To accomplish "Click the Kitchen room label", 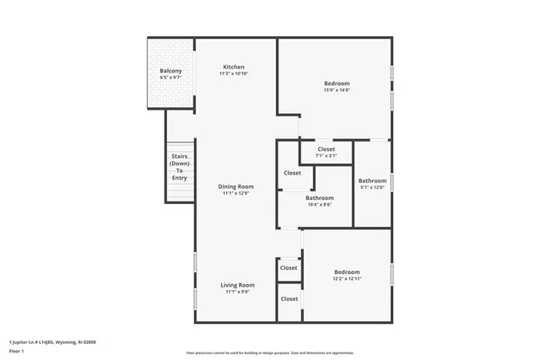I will click(234, 67).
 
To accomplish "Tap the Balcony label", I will click(171, 71).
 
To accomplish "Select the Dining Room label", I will click(236, 186).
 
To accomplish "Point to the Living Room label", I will click(238, 285).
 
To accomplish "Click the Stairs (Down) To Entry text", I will click(180, 167).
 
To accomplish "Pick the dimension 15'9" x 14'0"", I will click(337, 90).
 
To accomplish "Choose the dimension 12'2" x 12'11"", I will click(347, 279).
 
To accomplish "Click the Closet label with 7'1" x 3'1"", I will click(326, 149).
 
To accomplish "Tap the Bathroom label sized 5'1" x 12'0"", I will click(372, 180).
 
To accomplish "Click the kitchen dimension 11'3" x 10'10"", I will click(234, 74).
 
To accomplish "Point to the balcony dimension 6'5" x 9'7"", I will click(171, 78).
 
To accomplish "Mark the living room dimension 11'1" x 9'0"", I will click(238, 292).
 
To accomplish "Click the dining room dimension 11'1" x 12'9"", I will click(236, 194).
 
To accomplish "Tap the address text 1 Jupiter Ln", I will click(52, 341).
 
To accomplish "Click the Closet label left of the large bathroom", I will click(293, 173).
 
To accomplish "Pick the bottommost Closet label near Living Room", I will click(289, 298).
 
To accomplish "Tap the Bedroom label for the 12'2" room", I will click(347, 271).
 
